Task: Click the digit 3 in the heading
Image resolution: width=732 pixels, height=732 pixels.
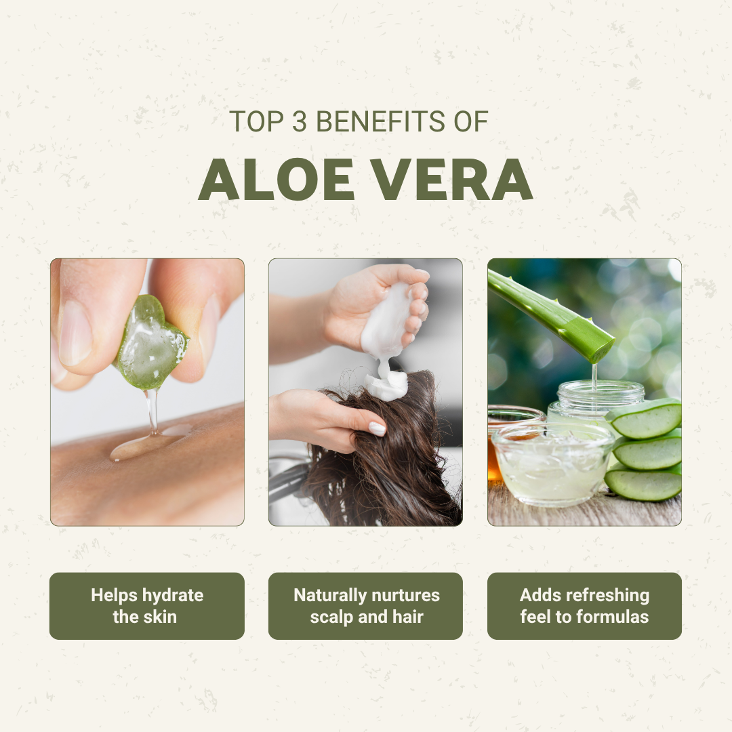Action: tap(300, 121)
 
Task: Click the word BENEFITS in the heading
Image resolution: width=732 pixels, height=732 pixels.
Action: tap(380, 121)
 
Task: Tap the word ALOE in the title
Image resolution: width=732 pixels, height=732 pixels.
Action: tap(277, 179)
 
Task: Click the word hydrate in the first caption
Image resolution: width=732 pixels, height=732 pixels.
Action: tap(173, 596)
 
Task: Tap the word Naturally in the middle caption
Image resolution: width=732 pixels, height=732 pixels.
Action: tap(330, 596)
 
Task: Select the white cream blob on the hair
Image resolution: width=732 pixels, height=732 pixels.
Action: tap(386, 385)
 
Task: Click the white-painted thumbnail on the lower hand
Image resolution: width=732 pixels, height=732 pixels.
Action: tap(378, 428)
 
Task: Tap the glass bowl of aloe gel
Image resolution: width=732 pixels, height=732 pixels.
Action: tap(553, 465)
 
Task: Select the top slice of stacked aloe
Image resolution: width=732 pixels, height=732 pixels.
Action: tap(645, 418)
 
